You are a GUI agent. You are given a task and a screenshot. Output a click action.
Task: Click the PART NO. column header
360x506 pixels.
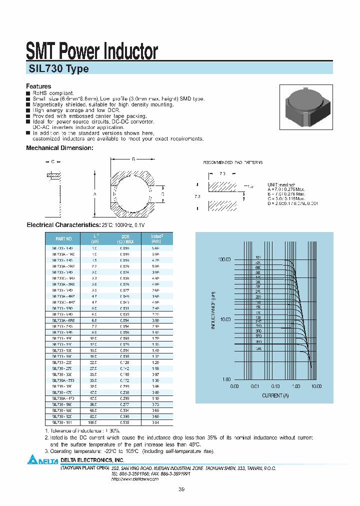tap(63, 239)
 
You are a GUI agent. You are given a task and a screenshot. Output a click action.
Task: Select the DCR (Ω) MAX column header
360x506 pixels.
tap(125, 239)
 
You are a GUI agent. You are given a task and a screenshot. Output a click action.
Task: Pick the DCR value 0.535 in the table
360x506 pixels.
tap(125, 422)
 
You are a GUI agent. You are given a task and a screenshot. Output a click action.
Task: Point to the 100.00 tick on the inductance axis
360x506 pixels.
tap(224, 260)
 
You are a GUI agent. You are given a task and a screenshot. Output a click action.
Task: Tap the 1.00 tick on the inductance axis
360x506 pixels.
tap(226, 379)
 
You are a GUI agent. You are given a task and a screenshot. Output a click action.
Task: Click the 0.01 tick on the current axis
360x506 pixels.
tap(254, 386)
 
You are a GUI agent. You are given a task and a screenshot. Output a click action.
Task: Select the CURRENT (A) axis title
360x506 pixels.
tap(275, 395)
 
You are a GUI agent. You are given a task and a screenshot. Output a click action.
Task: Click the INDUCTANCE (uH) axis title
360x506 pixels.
tap(213, 320)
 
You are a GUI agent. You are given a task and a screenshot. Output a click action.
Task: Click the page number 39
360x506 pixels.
tap(180, 489)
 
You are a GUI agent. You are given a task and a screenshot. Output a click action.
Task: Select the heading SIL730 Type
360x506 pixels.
tap(57, 69)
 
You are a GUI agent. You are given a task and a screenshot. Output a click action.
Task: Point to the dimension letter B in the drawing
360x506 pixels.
tap(133, 159)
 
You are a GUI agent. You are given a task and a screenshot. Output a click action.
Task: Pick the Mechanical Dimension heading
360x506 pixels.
tap(59, 148)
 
